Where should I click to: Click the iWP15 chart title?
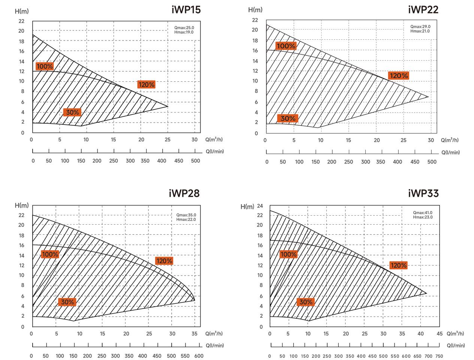coord(186,10)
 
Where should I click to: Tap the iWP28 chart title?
coord(184,193)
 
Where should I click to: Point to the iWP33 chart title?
coord(423,193)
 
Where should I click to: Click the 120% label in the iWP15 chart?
coord(146,85)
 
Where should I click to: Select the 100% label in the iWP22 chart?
coord(286,46)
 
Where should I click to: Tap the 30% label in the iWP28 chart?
coord(67,302)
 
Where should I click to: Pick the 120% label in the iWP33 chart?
coord(398,265)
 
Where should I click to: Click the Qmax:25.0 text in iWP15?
coord(184,28)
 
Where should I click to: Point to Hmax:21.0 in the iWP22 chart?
coord(420,31)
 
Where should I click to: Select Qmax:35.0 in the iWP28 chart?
coord(186,215)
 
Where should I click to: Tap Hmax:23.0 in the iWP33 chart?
coord(423,217)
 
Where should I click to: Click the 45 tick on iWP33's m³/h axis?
coord(440,334)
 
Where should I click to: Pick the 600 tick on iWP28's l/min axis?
coord(199,356)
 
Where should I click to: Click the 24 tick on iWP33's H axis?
coord(260,206)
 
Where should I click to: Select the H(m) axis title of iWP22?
coord(255,9)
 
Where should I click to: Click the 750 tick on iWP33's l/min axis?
coord(440,356)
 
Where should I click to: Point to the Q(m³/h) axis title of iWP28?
coord(214,334)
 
